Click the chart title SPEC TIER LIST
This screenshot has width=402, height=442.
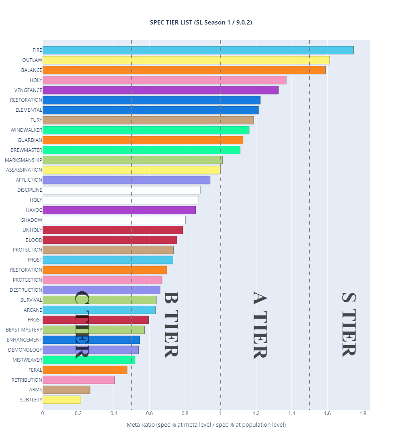click(201, 23)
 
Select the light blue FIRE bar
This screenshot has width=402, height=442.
click(198, 50)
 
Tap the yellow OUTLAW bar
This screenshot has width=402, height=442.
click(186, 60)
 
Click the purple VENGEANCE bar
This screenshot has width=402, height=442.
click(160, 90)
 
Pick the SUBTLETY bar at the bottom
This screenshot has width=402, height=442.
click(62, 400)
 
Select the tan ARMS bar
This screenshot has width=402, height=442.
click(66, 390)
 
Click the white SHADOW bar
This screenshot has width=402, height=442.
click(114, 220)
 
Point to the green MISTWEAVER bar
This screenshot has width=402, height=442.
click(88, 360)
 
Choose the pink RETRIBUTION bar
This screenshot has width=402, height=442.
click(78, 380)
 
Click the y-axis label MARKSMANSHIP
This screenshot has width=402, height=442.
click(23, 160)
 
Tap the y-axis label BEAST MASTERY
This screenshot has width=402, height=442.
click(24, 330)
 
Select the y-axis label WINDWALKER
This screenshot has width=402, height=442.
click(26, 130)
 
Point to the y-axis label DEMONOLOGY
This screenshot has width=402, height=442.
click(25, 350)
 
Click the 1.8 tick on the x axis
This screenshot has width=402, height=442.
click(362, 413)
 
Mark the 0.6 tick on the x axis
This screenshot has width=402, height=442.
click(149, 413)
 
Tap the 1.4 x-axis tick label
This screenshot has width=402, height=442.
click(291, 413)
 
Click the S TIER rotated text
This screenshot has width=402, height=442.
click(349, 324)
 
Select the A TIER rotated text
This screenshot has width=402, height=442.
click(260, 325)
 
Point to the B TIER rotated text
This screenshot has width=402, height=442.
click(171, 324)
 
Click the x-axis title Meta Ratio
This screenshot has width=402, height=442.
click(206, 425)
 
